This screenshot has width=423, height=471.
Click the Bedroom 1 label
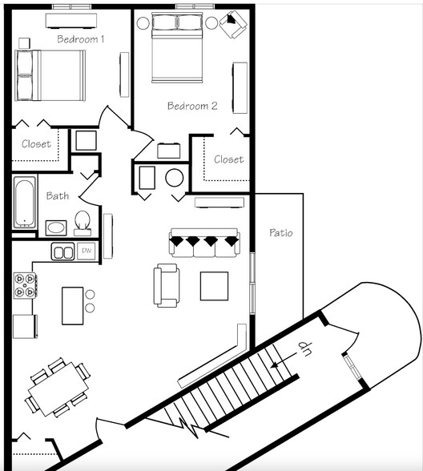pos(81,38)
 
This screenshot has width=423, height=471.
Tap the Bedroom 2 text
pos(192,105)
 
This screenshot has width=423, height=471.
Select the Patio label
pos(281,233)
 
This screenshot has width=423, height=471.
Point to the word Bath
pos(57,195)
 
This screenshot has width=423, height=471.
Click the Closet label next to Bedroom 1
pos(36,144)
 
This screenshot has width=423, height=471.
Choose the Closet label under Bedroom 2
pos(228,159)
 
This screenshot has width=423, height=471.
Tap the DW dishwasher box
pos(87,252)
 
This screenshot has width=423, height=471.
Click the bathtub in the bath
pos(25,202)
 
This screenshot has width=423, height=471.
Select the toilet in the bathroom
pos(82,222)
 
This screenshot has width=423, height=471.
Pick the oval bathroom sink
pos(56,227)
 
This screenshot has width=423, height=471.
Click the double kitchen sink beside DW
pos(63,252)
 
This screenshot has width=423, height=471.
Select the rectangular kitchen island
pos(73,305)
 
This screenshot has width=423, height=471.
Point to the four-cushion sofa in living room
pos(203,244)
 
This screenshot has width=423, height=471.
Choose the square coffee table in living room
pos(214,286)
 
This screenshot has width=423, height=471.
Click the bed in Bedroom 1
pos(50,75)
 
